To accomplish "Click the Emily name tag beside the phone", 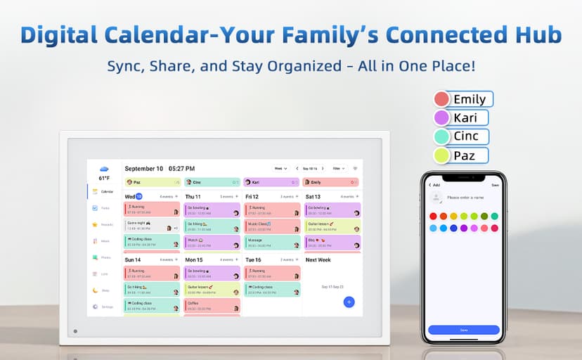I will (470, 99).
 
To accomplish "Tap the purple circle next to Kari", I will (441, 118).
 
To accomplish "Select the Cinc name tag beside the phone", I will (466, 136).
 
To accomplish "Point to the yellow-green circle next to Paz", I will (441, 155).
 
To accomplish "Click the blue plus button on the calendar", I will (349, 302).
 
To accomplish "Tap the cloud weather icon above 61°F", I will (104, 169).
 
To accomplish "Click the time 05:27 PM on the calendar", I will (181, 169).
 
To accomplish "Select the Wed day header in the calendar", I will (130, 196).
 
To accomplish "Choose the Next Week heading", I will (318, 259).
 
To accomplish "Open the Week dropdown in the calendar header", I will (280, 169).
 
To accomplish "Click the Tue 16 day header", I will (253, 259).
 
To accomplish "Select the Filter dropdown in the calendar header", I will (339, 169).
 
